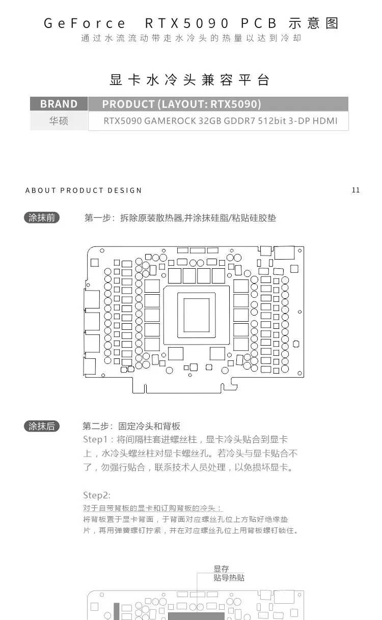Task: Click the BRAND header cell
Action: click(x=59, y=104)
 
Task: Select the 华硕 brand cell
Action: click(x=59, y=121)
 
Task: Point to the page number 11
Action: click(x=356, y=190)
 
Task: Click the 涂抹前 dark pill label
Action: click(x=42, y=218)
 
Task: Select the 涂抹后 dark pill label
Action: click(x=42, y=426)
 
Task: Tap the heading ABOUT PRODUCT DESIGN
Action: click(x=84, y=190)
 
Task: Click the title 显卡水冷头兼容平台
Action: click(x=189, y=80)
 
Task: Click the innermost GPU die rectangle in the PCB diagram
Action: click(x=197, y=315)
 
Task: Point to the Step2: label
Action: click(x=97, y=495)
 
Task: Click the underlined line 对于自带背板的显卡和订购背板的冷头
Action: click(x=152, y=508)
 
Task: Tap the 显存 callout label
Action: click(x=221, y=569)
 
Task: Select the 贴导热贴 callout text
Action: click(x=229, y=578)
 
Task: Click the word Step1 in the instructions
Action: click(x=95, y=439)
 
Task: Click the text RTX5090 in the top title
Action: click(x=187, y=23)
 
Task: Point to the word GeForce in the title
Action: click(x=85, y=23)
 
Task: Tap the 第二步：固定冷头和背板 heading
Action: click(x=131, y=426)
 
